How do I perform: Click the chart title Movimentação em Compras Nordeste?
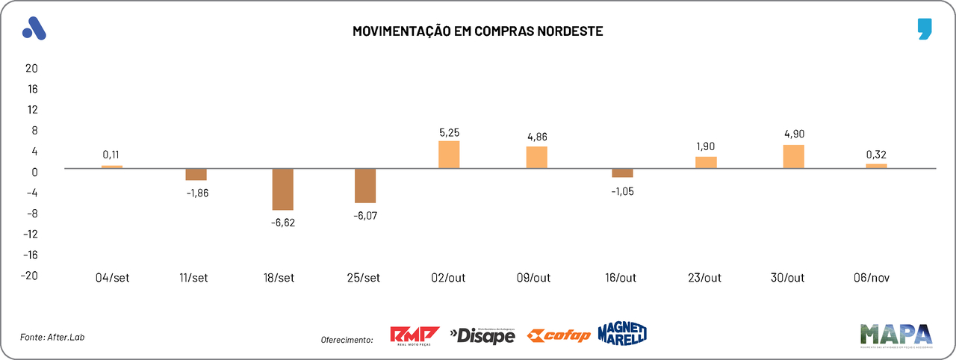[478, 31]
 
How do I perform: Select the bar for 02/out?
[449, 155]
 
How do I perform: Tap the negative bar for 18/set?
[282, 189]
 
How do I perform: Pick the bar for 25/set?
[365, 186]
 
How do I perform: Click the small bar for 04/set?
[112, 167]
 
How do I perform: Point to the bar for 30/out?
[793, 156]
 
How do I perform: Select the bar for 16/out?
[622, 173]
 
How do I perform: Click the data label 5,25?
[449, 133]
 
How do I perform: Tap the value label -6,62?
[282, 223]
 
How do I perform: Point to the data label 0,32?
[876, 155]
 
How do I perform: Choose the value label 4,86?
[537, 137]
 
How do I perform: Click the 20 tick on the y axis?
[31, 68]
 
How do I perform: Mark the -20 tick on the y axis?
[29, 275]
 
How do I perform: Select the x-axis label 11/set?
[194, 278]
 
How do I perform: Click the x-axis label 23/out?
[704, 278]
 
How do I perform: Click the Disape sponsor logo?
[482, 336]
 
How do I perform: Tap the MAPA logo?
[896, 335]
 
